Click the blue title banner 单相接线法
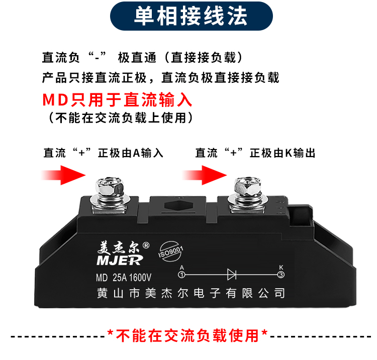192,16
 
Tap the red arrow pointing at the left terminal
63,175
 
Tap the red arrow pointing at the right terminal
205,175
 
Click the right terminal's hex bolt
248,187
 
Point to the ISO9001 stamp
170,252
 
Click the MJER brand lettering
120,260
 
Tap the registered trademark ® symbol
146,245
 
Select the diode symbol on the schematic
232,275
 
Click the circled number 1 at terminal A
182,275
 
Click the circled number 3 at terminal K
281,275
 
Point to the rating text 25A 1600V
132,278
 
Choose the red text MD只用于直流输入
117,100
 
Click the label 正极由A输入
131,153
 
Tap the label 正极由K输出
282,153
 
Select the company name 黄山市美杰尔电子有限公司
191,293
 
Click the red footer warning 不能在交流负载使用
187,335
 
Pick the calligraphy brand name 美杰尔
118,248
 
